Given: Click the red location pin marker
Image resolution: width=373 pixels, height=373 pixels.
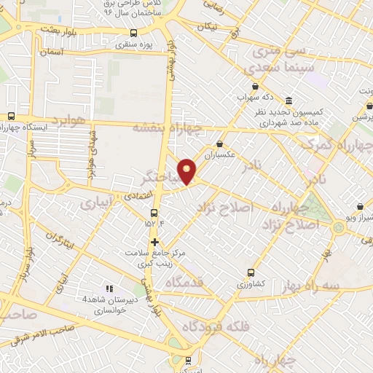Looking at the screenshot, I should [x=187, y=171].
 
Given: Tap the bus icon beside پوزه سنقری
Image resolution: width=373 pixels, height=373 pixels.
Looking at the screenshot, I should [x=133, y=33].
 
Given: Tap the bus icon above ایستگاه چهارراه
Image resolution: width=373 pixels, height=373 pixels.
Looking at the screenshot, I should [x=11, y=115].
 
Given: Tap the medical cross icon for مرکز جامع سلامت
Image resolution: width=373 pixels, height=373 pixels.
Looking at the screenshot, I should [x=154, y=242].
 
